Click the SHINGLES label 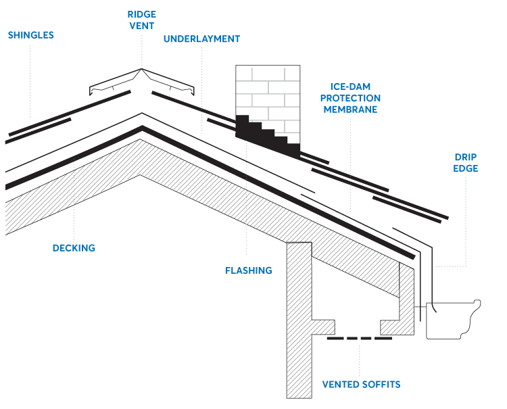click(31, 34)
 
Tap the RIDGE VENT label click(142, 19)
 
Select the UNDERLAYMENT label click(201, 39)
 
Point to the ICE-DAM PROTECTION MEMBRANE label click(350, 98)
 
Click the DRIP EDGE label click(466, 162)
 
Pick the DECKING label click(74, 248)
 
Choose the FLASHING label click(248, 270)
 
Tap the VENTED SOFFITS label click(361, 385)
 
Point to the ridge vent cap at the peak click(142, 81)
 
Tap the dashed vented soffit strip click(359, 338)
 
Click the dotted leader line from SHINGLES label click(30, 74)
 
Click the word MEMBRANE click(350, 109)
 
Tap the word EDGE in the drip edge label click(466, 168)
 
